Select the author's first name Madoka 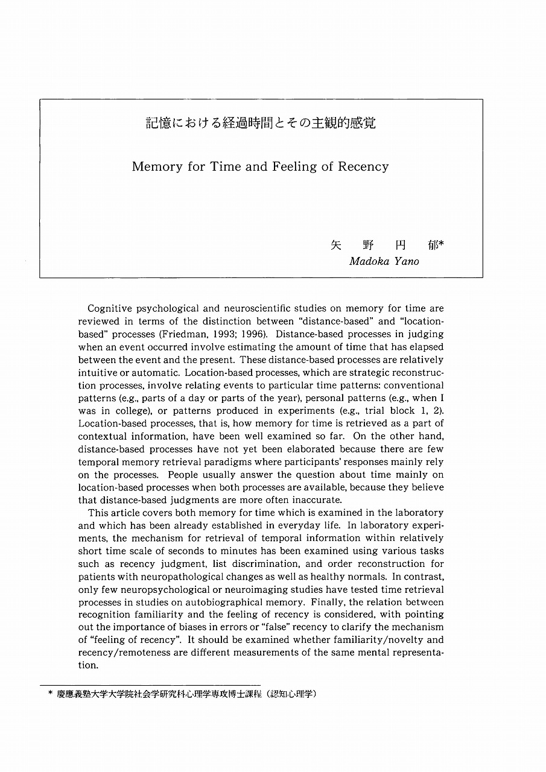(369, 261)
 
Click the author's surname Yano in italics (407, 261)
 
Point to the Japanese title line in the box (261, 124)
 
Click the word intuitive (98, 373)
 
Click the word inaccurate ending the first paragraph (316, 500)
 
